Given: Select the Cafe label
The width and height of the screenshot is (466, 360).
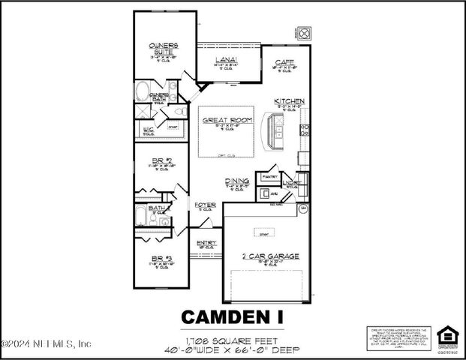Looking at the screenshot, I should (x=284, y=62).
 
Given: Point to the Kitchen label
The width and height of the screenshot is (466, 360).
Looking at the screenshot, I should (x=288, y=100).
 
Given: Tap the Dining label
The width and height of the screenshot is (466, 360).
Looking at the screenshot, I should (x=236, y=181).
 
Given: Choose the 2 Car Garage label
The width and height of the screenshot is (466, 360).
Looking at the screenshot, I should (x=270, y=256).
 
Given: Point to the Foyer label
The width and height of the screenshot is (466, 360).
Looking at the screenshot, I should (x=206, y=205).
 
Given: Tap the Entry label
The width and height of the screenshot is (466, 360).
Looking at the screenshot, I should (x=206, y=243).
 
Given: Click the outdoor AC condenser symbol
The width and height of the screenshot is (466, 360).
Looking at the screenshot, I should (x=304, y=34).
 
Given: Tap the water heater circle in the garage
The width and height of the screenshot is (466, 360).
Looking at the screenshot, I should (x=303, y=208).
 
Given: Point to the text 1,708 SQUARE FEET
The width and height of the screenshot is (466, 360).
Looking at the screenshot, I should (x=232, y=339).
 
